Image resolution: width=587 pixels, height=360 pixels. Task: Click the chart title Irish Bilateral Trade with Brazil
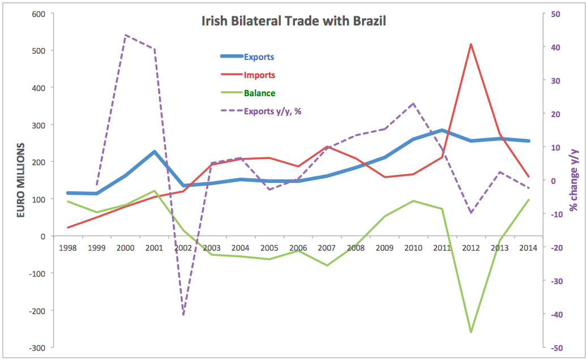point(294,22)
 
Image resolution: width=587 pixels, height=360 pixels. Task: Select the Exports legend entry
point(259,57)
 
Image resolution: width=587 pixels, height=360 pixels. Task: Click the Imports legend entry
point(259,75)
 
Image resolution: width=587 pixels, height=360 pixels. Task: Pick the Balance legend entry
point(260,93)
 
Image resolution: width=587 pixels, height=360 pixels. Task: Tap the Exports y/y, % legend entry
point(272,112)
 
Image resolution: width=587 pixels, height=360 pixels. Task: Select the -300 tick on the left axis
point(36,348)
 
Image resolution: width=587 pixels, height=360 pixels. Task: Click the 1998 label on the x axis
point(68,248)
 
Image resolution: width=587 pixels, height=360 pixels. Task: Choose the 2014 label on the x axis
point(528,248)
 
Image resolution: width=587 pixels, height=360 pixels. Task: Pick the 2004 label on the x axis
point(240,248)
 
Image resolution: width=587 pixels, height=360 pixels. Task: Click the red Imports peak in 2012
point(470,44)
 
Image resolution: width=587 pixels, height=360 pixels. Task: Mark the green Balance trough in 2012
point(470,332)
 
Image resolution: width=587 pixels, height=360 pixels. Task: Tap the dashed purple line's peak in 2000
point(125,35)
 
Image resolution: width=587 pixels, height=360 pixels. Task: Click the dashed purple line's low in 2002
point(183,315)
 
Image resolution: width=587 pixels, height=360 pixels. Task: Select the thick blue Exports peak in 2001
point(154,152)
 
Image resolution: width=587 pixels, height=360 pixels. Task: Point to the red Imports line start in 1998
point(68,228)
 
